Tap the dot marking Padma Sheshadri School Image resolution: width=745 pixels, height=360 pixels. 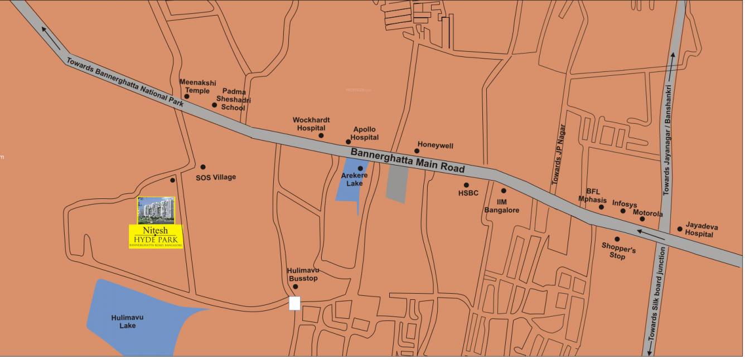coord(215,105)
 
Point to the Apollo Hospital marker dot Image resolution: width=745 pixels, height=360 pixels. coord(349,142)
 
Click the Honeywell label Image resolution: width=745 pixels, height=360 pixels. coord(436,146)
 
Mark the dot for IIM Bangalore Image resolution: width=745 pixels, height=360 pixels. coord(504,191)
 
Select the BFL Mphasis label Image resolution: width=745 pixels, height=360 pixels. coord(592,196)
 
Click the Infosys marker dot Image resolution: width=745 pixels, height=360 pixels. coord(623,211)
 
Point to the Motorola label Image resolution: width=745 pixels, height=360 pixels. coord(647,213)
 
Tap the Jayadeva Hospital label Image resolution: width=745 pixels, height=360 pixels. coord(702,230)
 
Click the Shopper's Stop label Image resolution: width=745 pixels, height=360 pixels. coord(618,251)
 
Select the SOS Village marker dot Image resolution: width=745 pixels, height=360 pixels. coord(203,167)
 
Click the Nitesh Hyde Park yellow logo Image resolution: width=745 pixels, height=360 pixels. coord(156,236)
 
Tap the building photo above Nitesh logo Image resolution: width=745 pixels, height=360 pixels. coord(156,210)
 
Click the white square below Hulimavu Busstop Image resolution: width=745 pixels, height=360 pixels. coord(294,303)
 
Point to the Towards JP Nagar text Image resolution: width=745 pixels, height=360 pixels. coord(559,154)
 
